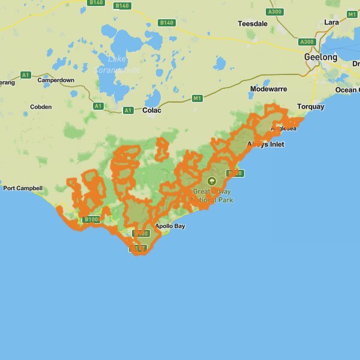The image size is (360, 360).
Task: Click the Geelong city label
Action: pos(320,57)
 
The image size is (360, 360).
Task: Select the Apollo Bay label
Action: pos(170,226)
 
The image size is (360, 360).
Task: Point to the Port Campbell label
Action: pos(23,188)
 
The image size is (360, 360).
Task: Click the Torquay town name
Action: pos(310,107)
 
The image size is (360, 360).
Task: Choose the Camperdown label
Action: pos(56,80)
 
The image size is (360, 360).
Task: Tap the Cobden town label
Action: pos(41,107)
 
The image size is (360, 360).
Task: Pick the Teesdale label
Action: pos(252,24)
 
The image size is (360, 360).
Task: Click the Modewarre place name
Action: pos(268,89)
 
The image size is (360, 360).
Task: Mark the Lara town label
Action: pos(331,22)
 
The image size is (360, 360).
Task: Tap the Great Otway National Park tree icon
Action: pos(211,181)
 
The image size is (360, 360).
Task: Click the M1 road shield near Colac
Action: pos(197,98)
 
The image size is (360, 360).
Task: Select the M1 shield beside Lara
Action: pos(352,14)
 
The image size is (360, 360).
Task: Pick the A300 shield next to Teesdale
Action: pos(275,11)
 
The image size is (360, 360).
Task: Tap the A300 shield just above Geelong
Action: pos(307,41)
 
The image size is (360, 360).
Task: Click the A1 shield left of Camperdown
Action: pos(25,74)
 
